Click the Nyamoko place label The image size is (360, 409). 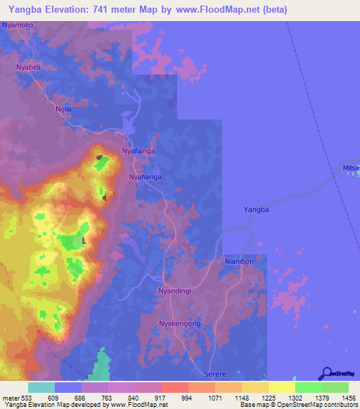pyautogui.click(x=18, y=25)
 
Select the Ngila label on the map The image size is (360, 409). pyautogui.click(x=64, y=110)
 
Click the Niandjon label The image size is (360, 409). pyautogui.click(x=238, y=261)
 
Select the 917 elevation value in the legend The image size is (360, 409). pyautogui.click(x=162, y=397)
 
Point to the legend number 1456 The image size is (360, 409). pyautogui.click(x=348, y=397)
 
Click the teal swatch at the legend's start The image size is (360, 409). pyautogui.click(x=41, y=387)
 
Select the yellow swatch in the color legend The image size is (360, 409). pyautogui.click(x=281, y=387)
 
